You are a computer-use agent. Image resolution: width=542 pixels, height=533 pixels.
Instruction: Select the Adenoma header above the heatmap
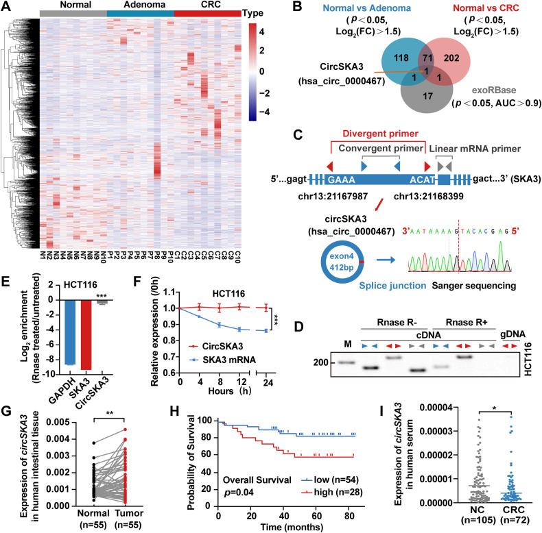(139, 5)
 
